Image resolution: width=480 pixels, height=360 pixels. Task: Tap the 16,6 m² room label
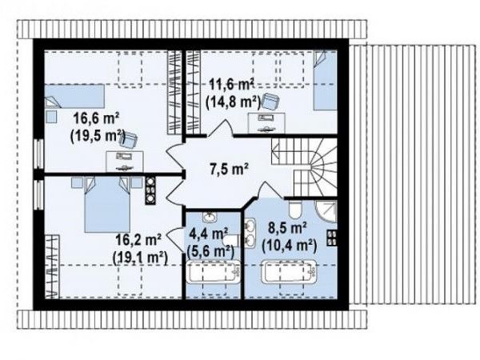[96, 118]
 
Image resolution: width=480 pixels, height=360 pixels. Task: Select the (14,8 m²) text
[233, 102]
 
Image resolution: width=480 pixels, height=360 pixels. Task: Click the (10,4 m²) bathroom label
[290, 246]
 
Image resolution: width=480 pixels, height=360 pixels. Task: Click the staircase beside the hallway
[304, 167]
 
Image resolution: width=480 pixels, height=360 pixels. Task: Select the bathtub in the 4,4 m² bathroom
[214, 271]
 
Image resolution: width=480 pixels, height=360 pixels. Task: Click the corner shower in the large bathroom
[327, 211]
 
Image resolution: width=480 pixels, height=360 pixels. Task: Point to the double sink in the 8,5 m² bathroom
[250, 233]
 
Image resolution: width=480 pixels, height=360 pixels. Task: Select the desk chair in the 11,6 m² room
[270, 101]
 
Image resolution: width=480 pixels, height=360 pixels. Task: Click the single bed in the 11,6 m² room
[325, 80]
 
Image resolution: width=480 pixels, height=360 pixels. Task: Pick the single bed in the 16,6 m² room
[74, 96]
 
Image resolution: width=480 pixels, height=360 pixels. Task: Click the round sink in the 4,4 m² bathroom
[210, 217]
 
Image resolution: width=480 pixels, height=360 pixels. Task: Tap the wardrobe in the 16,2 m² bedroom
[52, 266]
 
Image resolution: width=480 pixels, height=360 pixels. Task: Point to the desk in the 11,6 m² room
[266, 122]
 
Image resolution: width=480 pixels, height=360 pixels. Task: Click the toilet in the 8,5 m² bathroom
[295, 210]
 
